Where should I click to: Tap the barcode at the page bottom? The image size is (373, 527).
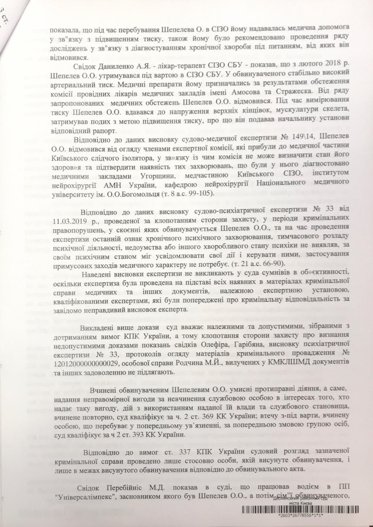[x=301, y=517]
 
